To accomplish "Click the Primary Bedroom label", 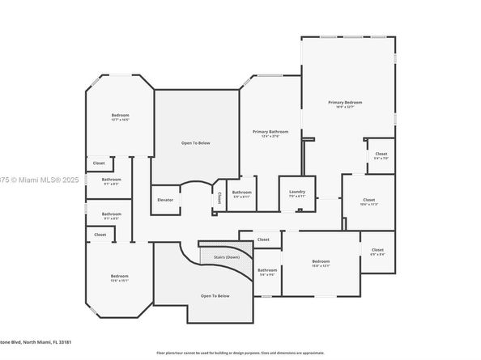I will tap(344, 103).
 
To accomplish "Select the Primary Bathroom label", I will tap(270, 131).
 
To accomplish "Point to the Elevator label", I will tap(165, 199).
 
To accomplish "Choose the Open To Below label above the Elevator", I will tap(195, 142).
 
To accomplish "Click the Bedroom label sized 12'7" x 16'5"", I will tap(120, 116).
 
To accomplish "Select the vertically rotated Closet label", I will tap(219, 198).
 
